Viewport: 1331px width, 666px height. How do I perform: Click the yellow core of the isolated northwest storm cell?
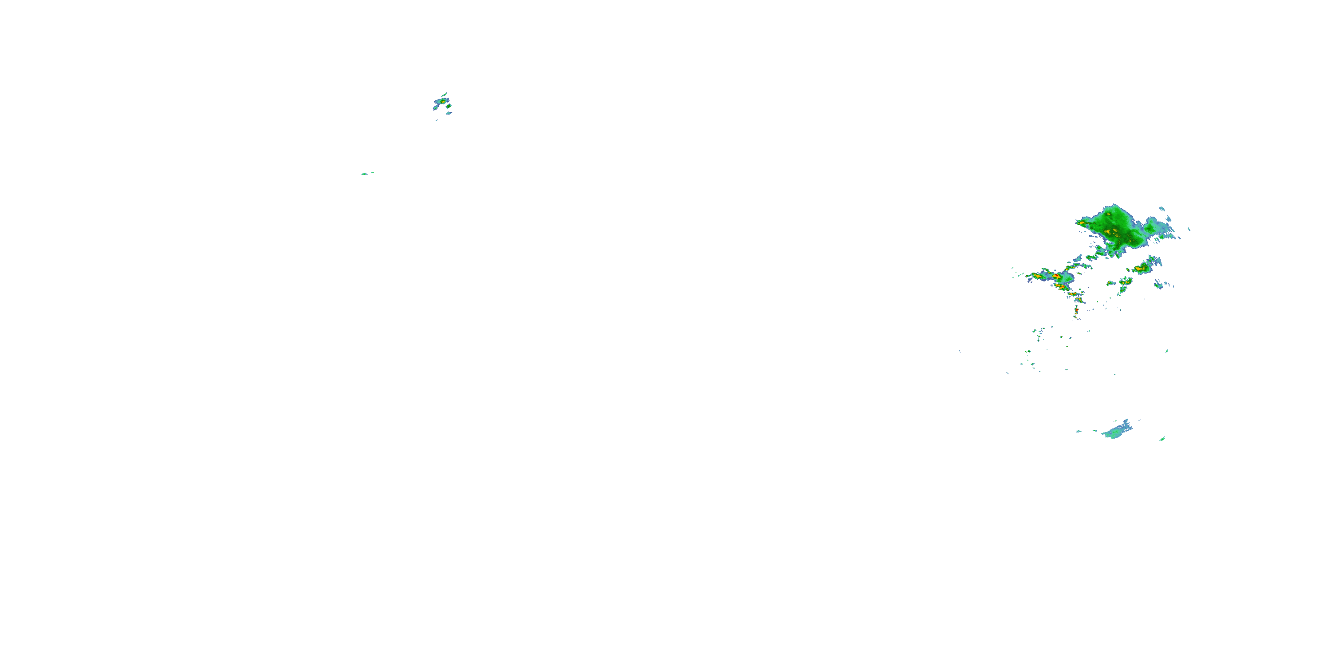tap(443, 101)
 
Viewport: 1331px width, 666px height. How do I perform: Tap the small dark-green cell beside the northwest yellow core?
tap(449, 106)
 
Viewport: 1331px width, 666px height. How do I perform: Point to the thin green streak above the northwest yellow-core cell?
tap(445, 94)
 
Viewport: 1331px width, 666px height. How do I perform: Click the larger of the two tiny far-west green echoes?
tap(364, 174)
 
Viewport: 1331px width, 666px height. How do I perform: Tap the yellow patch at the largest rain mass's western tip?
tap(1081, 223)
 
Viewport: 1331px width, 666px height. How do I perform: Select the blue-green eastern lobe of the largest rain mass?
tap(1152, 227)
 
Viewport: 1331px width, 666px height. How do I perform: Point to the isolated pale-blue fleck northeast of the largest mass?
tap(1189, 229)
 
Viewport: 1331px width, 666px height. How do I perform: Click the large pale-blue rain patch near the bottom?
tap(1116, 431)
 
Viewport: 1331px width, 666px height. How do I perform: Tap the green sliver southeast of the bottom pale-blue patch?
tap(1162, 439)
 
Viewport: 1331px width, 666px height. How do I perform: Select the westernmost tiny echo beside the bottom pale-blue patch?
tap(1079, 431)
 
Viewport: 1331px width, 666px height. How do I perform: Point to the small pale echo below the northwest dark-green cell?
tap(449, 113)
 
